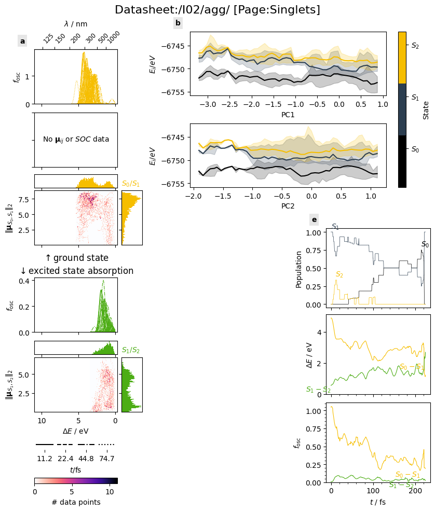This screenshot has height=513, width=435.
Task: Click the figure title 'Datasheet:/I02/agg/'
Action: [x=217, y=10]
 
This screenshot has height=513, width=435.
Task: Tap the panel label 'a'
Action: [x=22, y=41]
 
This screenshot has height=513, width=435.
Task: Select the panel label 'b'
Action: [x=178, y=23]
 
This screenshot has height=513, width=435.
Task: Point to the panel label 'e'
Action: [x=314, y=219]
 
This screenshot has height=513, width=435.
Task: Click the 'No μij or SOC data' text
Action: [x=76, y=140]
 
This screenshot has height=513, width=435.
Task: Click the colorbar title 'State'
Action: [x=426, y=110]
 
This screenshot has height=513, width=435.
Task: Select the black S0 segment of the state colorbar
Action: [x=402, y=161]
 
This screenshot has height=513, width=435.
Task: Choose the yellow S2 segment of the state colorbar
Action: [x=402, y=57]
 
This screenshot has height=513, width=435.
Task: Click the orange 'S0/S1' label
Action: [x=131, y=184]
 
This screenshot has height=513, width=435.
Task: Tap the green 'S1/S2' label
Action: [x=131, y=351]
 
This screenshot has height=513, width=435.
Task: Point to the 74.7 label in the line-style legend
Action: [x=106, y=459]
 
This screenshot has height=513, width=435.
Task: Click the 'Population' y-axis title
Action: [x=299, y=269]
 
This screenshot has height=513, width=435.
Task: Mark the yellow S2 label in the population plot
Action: [x=339, y=274]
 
